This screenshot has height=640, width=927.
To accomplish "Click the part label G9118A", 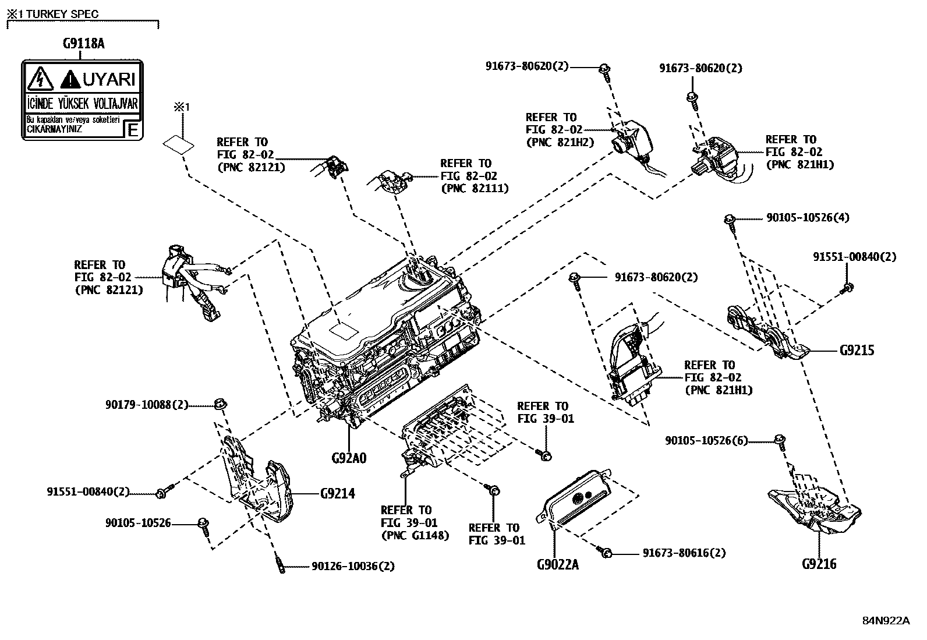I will [x=83, y=44].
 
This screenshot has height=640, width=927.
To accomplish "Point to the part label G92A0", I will [x=349, y=458].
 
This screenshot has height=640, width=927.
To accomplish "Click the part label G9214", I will [x=337, y=494].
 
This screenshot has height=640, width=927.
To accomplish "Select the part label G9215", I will [x=857, y=351].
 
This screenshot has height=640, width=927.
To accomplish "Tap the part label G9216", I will [x=819, y=564].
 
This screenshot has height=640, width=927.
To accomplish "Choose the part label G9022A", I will [x=558, y=564].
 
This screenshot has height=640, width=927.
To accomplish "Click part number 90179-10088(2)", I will [x=147, y=404].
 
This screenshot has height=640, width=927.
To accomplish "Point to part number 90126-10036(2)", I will [x=353, y=566].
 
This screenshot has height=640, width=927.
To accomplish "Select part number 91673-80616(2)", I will [x=684, y=553].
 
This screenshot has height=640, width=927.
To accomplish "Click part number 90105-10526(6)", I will [x=706, y=441].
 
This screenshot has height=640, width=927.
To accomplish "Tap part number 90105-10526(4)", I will [x=807, y=218].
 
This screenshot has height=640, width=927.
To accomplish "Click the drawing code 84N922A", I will [x=886, y=620].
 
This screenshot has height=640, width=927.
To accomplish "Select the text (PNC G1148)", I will [x=415, y=535].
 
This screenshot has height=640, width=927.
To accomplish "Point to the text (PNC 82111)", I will [x=475, y=189].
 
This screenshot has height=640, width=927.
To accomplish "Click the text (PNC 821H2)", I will [x=560, y=142].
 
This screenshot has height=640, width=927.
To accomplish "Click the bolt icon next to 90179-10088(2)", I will [x=220, y=404].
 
